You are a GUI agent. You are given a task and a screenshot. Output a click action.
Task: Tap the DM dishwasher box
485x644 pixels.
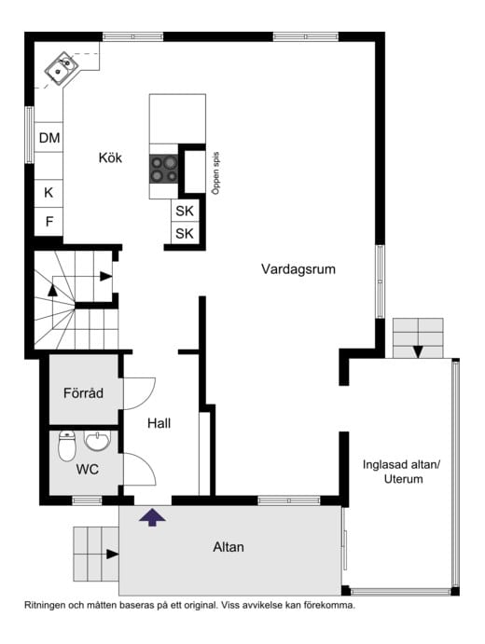pyautogui.click(x=49, y=139)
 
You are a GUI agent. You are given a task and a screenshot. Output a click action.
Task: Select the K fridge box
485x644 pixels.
pyautogui.click(x=48, y=193)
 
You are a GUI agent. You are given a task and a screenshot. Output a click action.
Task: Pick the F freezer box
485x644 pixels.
pyautogui.click(x=48, y=222)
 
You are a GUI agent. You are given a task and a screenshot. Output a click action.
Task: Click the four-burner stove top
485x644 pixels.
pyautogui.click(x=163, y=169)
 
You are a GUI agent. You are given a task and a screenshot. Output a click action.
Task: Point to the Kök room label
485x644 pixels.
pyautogui.click(x=111, y=158)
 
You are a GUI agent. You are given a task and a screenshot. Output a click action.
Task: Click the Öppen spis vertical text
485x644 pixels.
pyautogui.click(x=215, y=172)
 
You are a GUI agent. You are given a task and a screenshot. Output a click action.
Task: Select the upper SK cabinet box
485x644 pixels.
pyautogui.click(x=185, y=211)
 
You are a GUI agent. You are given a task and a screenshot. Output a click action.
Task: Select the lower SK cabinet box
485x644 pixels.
pyautogui.click(x=185, y=234)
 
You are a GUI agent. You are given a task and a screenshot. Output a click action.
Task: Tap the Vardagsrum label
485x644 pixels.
pyautogui.click(x=298, y=269)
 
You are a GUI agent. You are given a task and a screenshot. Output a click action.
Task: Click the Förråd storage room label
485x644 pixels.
pyautogui.click(x=82, y=392)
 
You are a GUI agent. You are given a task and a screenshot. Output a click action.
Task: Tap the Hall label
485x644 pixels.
pyautogui.click(x=159, y=423)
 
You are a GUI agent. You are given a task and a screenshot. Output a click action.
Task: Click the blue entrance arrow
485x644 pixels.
pyautogui.click(x=152, y=515)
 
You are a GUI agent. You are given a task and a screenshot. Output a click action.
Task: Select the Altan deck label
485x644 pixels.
pyautogui.click(x=229, y=547)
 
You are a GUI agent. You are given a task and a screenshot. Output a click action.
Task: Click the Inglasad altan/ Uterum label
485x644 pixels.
pyautogui.click(x=402, y=472)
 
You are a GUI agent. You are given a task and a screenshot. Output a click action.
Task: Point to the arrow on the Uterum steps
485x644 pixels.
pyautogui.click(x=418, y=351)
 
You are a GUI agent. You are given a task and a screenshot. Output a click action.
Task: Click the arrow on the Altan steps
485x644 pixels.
pyautogui.click(x=112, y=554)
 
